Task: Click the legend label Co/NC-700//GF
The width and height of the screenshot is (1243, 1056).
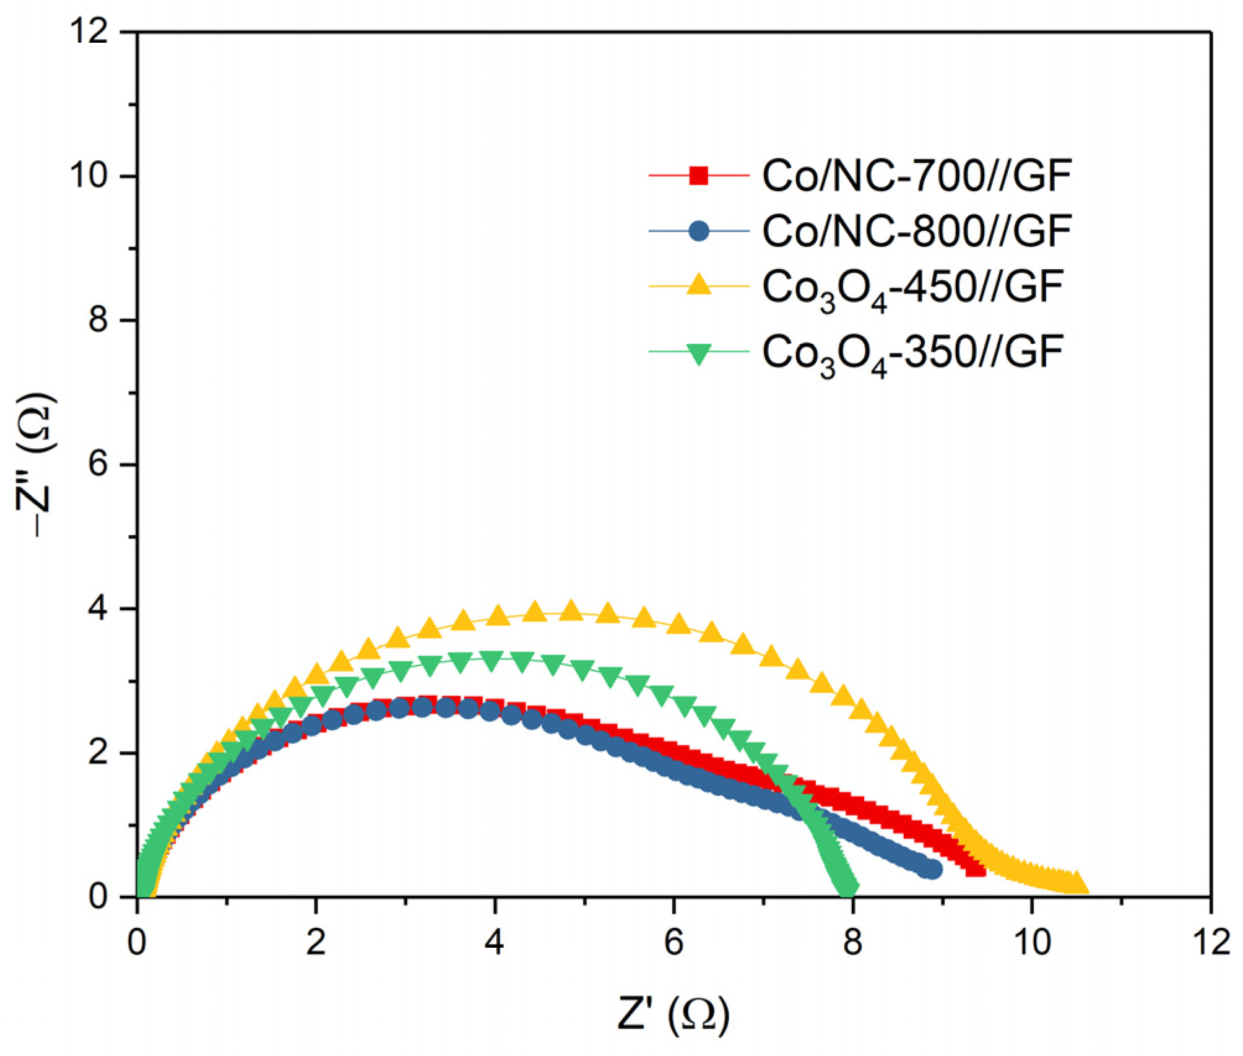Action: [x=916, y=176]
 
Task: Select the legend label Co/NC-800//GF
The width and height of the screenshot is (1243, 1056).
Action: [x=916, y=231]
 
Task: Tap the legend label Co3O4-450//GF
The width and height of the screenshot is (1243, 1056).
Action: [x=912, y=288]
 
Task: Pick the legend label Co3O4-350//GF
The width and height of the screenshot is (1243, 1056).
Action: [x=912, y=353]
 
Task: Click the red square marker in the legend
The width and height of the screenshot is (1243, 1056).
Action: [x=699, y=176]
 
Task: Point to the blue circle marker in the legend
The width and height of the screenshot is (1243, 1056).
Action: [x=699, y=231]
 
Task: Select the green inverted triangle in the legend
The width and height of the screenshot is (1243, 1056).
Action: [x=699, y=353]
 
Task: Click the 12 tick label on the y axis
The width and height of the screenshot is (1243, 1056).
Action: [x=92, y=31]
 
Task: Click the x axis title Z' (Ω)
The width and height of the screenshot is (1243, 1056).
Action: [x=673, y=1014]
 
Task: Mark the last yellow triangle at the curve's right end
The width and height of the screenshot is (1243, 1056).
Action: [x=1077, y=883]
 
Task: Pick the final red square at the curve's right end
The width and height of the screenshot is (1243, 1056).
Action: [x=976, y=868]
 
